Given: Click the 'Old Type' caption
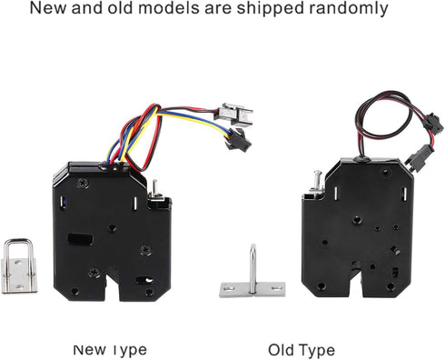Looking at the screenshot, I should (301, 350).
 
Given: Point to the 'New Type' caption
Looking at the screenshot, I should (110, 350).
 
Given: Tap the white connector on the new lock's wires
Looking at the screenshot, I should (234, 115).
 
